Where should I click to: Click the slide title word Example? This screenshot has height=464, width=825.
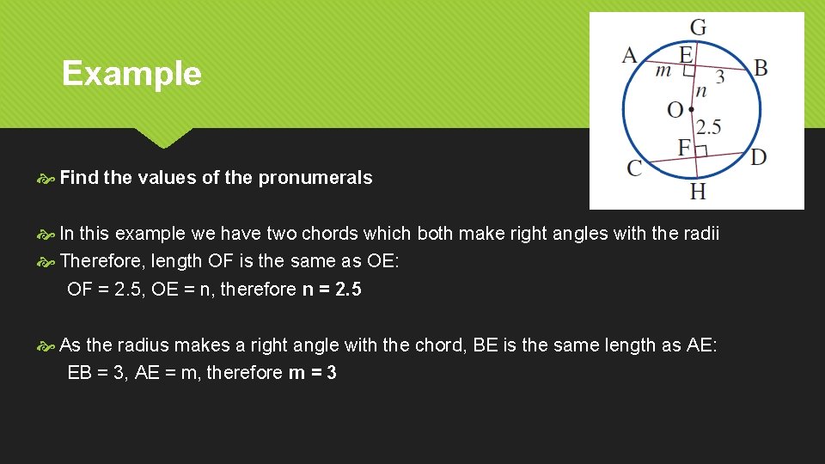[131, 74]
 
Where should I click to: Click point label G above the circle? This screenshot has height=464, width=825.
[698, 27]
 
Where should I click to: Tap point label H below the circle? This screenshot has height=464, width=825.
[698, 191]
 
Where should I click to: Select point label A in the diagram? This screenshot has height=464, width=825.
[630, 56]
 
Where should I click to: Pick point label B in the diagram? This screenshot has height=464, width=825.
[761, 67]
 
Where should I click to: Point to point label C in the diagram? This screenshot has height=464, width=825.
[634, 168]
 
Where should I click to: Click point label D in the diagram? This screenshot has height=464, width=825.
[758, 157]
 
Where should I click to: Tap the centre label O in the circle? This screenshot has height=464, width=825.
[675, 110]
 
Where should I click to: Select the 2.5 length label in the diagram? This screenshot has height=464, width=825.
[708, 127]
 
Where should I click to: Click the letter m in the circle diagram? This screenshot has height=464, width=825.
[663, 70]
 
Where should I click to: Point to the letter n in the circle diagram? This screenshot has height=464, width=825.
[701, 90]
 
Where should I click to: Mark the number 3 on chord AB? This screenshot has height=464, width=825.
[720, 77]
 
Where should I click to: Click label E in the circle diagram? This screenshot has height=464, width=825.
[686, 54]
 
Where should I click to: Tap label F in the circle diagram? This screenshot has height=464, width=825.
[684, 147]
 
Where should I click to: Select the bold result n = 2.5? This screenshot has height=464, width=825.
[332, 290]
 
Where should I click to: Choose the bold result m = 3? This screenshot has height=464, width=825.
[313, 372]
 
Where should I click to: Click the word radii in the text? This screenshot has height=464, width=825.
[701, 234]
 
